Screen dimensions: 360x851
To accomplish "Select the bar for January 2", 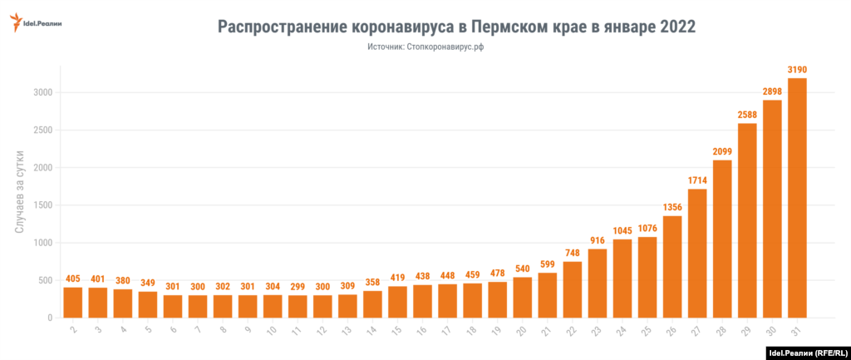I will [72, 303].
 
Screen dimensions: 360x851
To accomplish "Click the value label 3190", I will [797, 70].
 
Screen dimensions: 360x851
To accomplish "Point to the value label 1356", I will [672, 207].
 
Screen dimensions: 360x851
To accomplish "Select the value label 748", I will [572, 253].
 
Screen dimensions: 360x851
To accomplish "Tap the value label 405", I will [72, 279].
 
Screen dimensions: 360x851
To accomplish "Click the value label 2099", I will [722, 151].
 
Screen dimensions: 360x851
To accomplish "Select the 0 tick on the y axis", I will [50, 318].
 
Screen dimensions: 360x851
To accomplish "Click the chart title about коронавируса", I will [455, 27].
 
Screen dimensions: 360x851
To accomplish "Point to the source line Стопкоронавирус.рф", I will [425, 48].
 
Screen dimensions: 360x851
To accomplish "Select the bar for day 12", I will [322, 307].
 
